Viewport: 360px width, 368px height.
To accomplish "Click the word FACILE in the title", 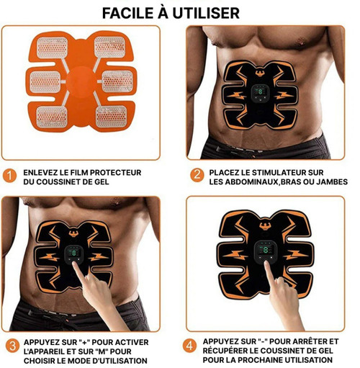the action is [128, 13].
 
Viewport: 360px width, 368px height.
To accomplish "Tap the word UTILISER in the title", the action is [206, 13].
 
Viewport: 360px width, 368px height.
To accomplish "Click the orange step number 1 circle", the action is [9, 176].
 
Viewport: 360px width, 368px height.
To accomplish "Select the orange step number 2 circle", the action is [197, 175].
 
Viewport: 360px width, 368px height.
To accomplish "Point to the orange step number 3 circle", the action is [12, 346].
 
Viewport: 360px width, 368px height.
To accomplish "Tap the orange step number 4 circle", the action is [189, 346].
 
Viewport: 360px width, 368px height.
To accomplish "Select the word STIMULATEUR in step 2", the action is [271, 172].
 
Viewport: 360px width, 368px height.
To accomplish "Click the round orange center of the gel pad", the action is [81, 82].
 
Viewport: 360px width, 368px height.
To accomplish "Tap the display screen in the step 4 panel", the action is [266, 250].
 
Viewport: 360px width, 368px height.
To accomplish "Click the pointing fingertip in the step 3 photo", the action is [75, 264].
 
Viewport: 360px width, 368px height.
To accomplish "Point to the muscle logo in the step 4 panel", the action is [265, 225].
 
